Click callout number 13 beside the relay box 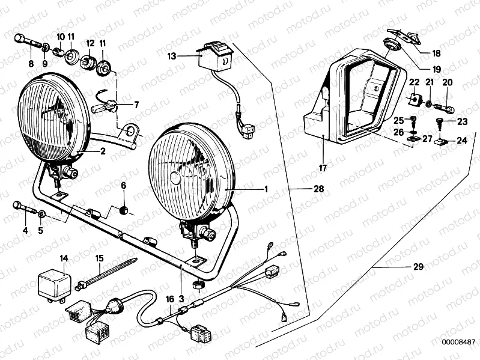[172, 56]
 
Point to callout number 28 [318, 189]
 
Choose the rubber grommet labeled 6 [124, 210]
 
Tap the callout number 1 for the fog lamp [265, 189]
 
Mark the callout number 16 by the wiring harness [169, 298]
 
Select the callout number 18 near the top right [436, 53]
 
